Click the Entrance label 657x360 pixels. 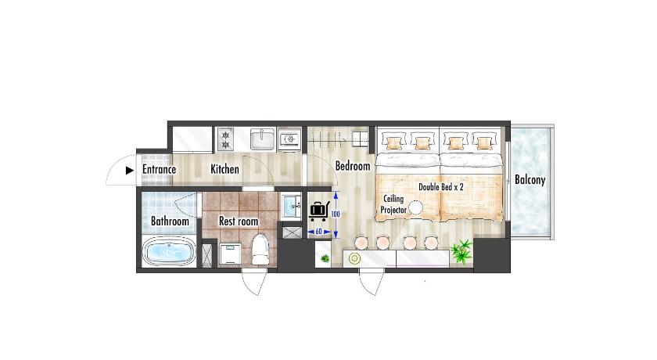(x=159, y=169)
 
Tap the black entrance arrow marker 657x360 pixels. (x=130, y=170)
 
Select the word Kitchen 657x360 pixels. (x=224, y=169)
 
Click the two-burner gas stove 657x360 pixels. (x=226, y=139)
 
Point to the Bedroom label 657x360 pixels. (x=353, y=166)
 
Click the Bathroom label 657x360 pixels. (x=170, y=221)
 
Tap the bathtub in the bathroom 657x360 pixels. (x=168, y=250)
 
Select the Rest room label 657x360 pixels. (x=239, y=221)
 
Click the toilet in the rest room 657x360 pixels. (x=260, y=249)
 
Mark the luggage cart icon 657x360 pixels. (x=319, y=211)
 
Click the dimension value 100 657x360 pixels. (x=336, y=214)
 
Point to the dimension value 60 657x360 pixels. (x=319, y=232)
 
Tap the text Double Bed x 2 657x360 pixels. (x=441, y=187)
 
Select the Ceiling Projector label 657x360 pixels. (x=393, y=204)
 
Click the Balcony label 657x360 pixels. (x=530, y=180)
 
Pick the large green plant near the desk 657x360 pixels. (x=461, y=251)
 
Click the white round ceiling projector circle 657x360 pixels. (x=416, y=208)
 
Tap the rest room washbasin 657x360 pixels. (x=291, y=205)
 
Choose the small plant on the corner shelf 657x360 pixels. (x=325, y=258)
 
